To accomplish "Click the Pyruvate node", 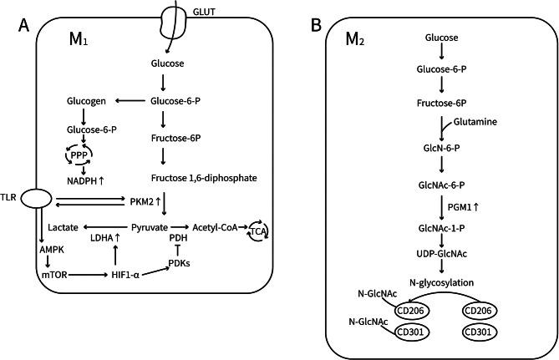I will pos(151,226).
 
